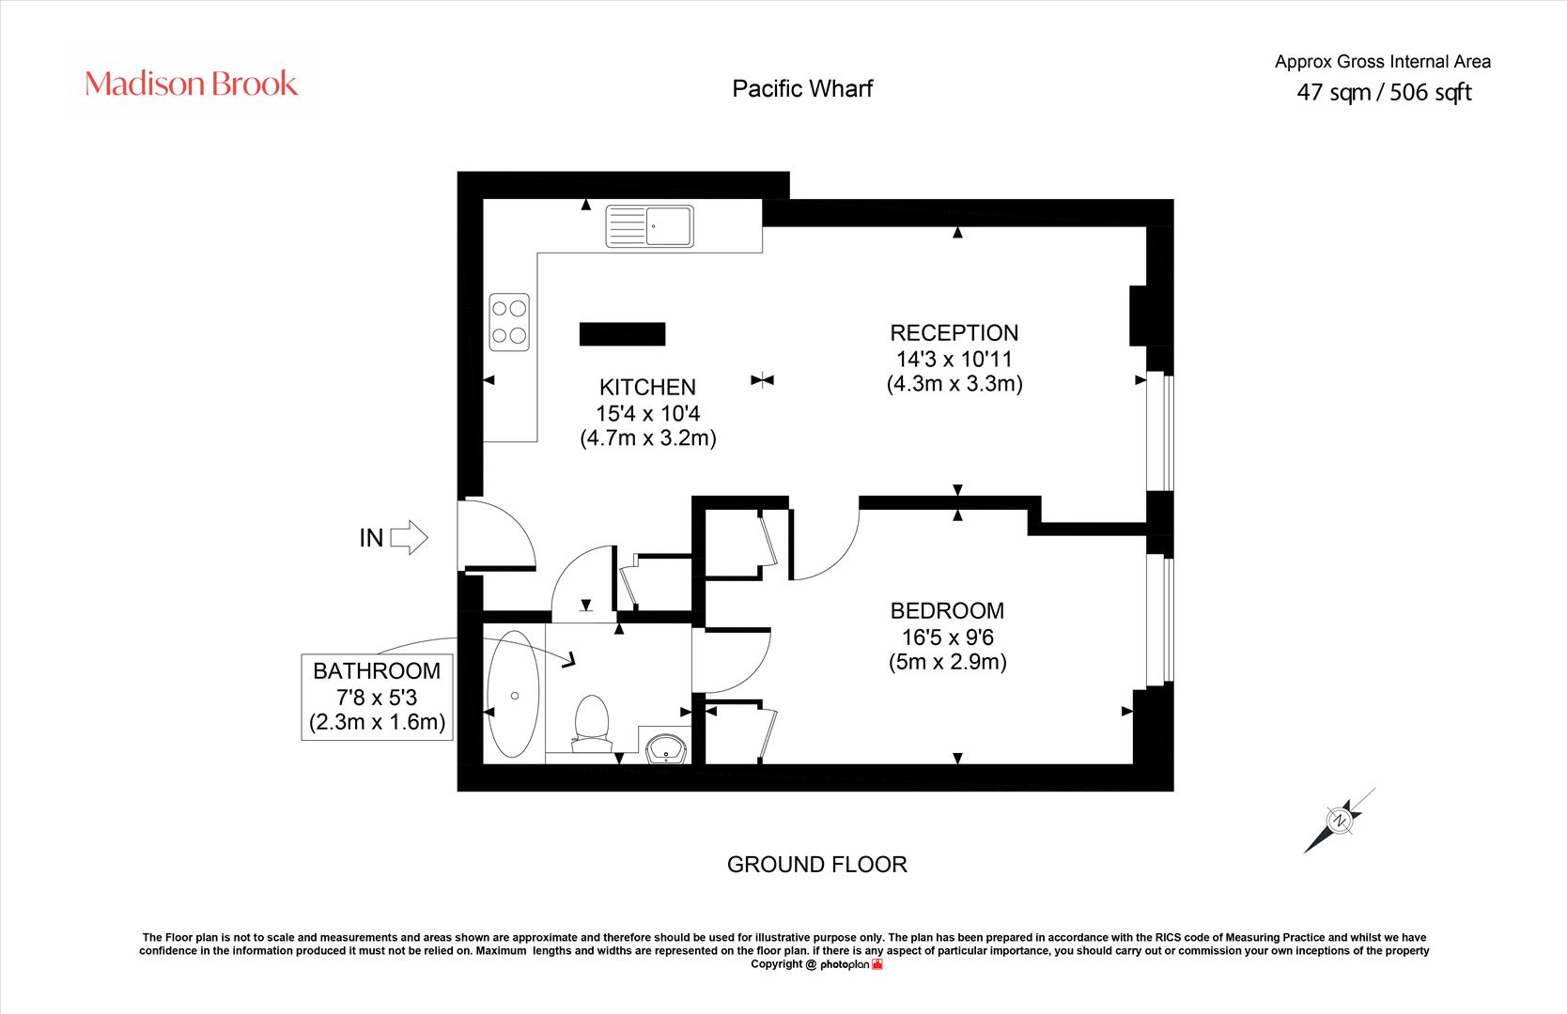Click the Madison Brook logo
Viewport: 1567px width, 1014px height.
click(x=191, y=84)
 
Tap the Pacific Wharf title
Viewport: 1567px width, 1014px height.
click(x=802, y=89)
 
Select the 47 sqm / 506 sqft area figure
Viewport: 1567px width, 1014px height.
click(x=1384, y=92)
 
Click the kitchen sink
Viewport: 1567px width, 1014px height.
click(x=649, y=226)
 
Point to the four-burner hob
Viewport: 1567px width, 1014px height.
click(x=509, y=322)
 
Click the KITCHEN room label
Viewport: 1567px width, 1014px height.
click(x=648, y=387)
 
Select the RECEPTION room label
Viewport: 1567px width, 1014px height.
click(x=954, y=332)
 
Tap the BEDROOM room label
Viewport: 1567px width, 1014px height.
click(x=947, y=610)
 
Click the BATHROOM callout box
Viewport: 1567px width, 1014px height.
click(x=377, y=697)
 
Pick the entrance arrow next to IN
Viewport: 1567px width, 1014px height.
click(x=409, y=537)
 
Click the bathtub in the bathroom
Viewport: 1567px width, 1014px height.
click(x=514, y=694)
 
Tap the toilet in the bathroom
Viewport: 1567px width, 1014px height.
click(x=592, y=723)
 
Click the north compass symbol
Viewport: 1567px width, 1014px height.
click(x=1339, y=821)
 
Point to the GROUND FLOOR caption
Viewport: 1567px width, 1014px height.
click(x=817, y=865)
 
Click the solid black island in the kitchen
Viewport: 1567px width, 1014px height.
click(x=622, y=333)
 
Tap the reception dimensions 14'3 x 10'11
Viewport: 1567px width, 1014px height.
click(x=954, y=359)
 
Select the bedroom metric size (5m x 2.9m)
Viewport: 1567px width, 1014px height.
click(x=947, y=662)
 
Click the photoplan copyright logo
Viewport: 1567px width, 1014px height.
click(x=851, y=964)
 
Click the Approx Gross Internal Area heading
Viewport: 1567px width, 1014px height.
click(x=1382, y=62)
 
